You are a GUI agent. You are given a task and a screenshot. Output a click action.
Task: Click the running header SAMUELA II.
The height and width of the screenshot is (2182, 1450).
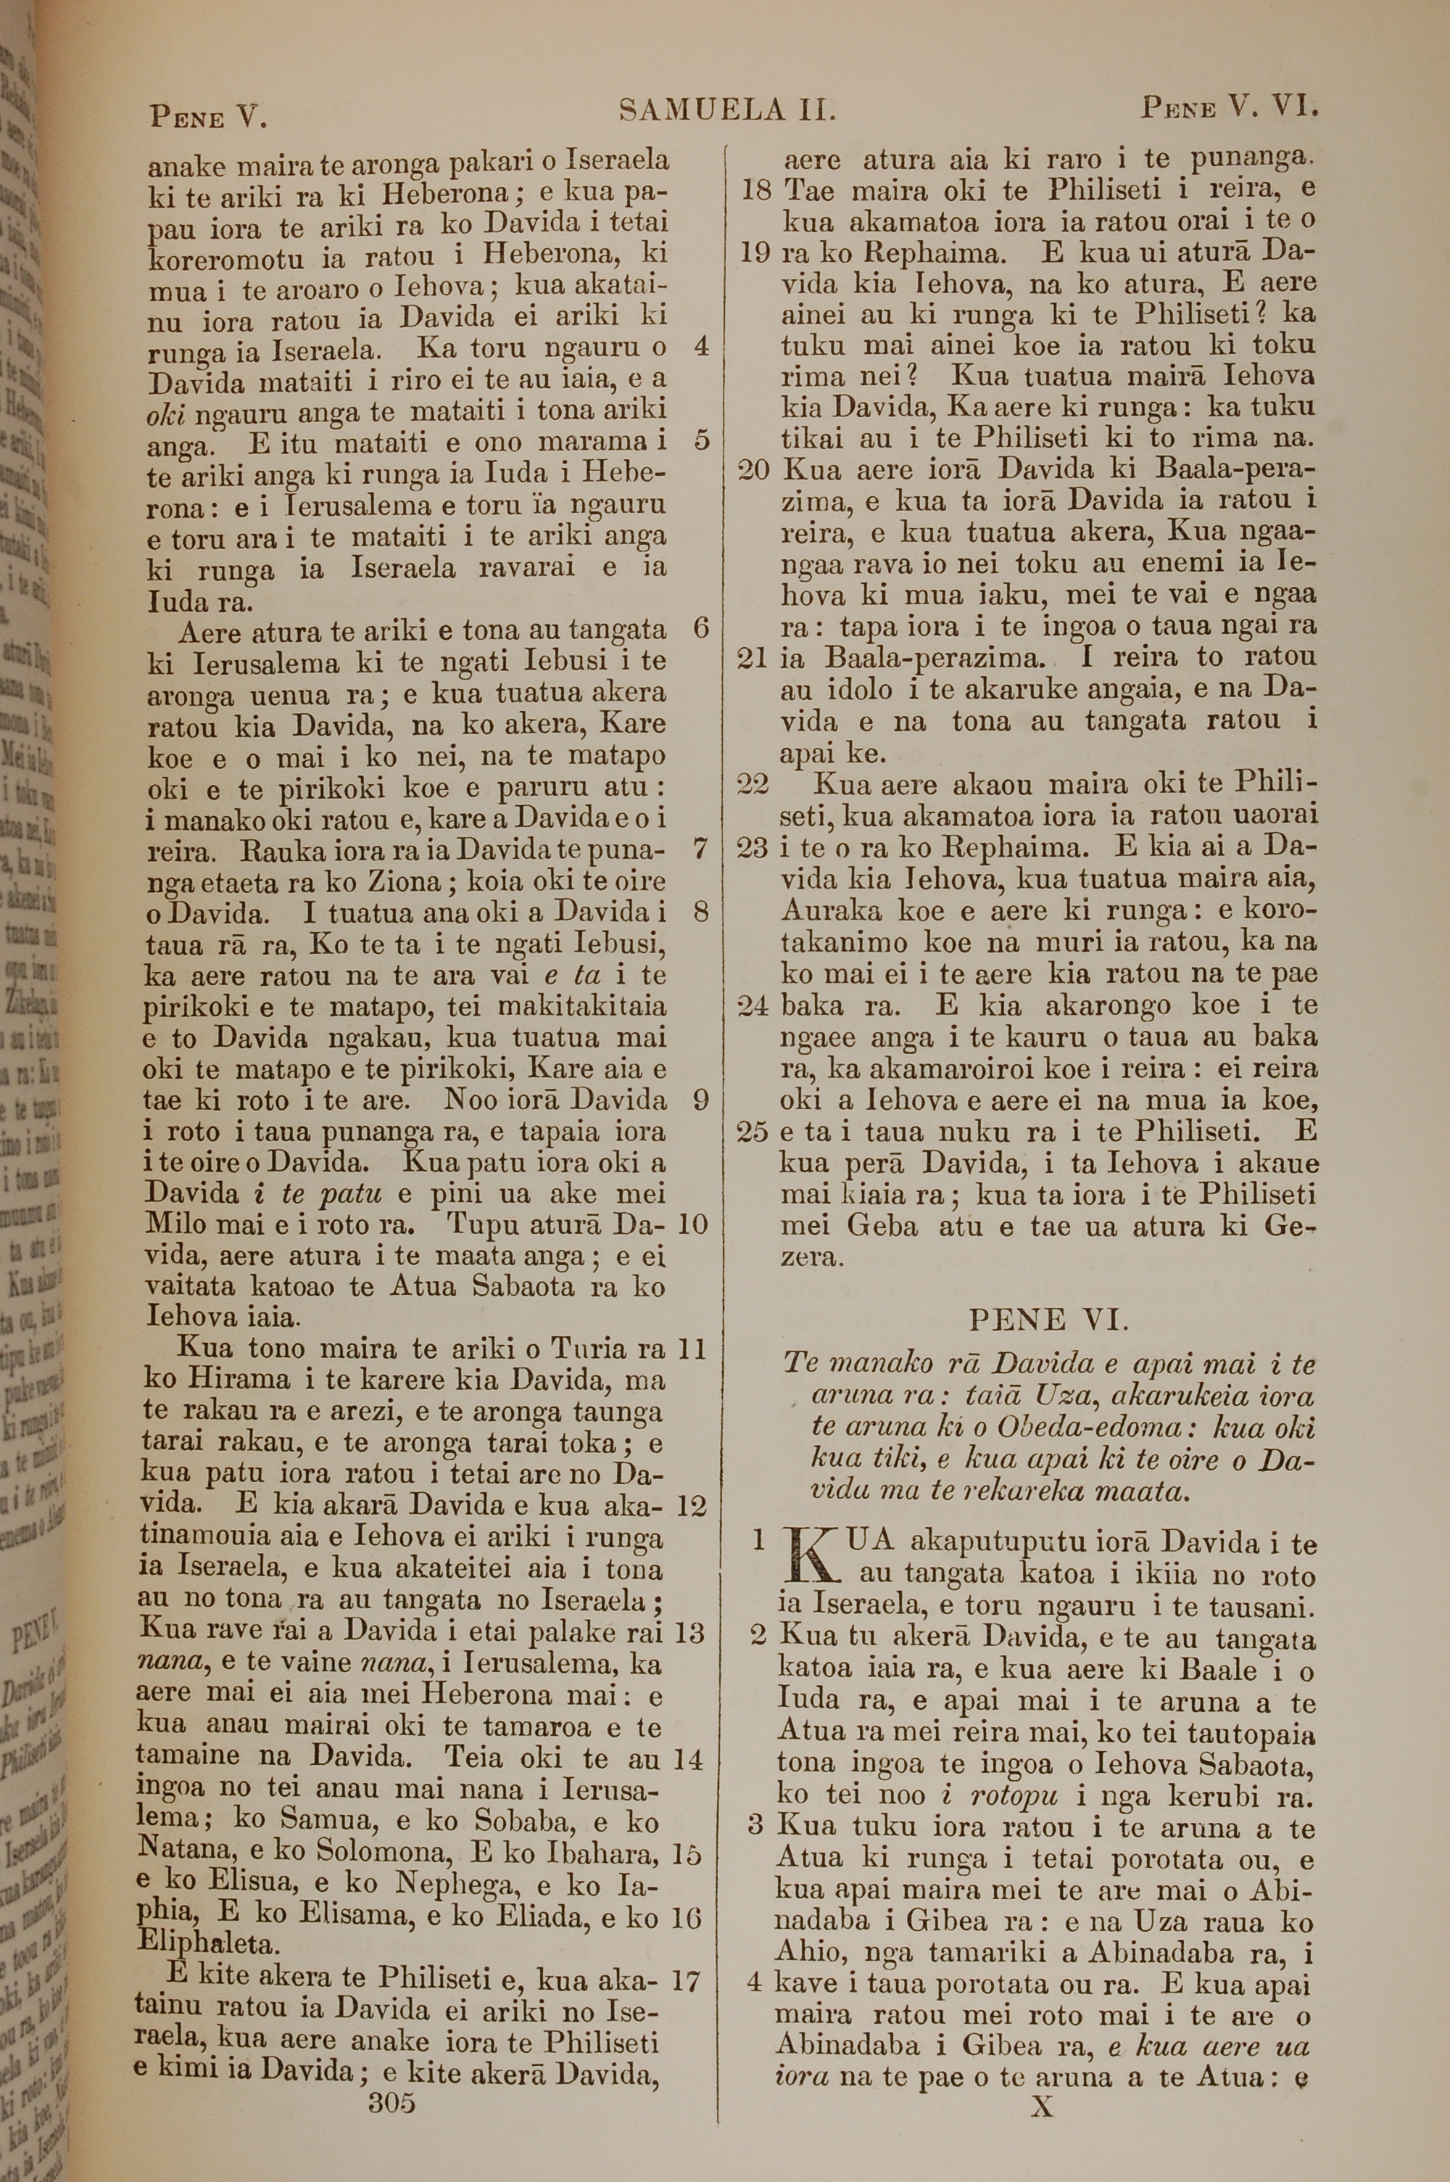tap(727, 112)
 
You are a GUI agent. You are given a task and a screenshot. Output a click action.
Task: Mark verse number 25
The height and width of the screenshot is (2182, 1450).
tap(754, 1131)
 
